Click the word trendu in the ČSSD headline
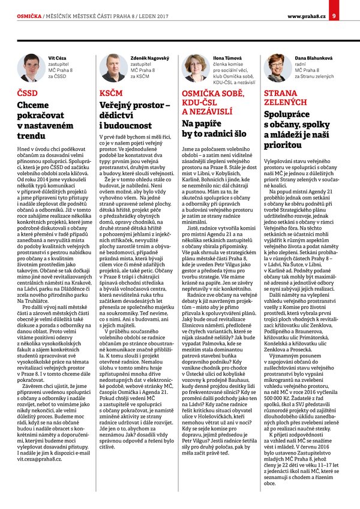pos(33,136)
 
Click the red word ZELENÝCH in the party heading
pos(289,103)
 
